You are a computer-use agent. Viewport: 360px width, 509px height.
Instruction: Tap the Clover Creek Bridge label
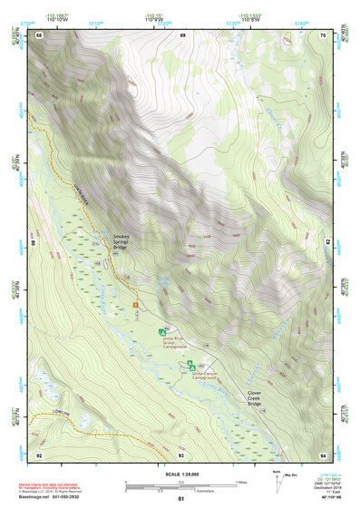pos(259,397)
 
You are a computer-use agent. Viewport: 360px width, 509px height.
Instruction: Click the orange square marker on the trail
pos(137,305)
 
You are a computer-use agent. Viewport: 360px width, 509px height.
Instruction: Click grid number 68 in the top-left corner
pos(39,35)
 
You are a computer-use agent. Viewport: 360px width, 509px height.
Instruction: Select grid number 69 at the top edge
pos(182,35)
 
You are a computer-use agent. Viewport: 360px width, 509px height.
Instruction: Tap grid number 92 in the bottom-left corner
pos(39,455)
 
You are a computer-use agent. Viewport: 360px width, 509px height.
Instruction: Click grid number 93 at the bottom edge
pos(181,455)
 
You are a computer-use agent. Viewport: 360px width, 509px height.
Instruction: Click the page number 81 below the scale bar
pos(181,499)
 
